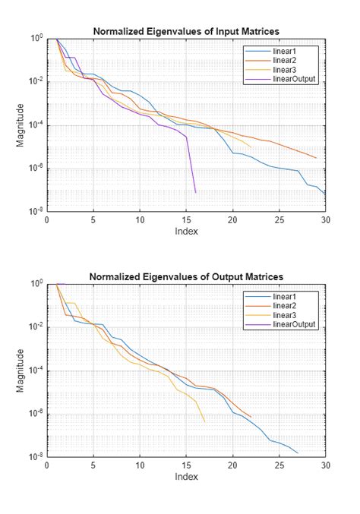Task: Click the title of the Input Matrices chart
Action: pos(186,31)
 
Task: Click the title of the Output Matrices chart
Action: pos(186,276)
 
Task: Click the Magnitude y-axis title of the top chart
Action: pos(21,125)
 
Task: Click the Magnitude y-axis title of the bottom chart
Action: pos(21,371)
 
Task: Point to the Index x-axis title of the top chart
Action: pos(186,231)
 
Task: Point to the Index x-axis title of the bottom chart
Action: pos(186,477)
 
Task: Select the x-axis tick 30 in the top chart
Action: pos(325,220)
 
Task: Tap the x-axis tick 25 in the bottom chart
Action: pos(279,465)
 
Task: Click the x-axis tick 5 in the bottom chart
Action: pos(93,465)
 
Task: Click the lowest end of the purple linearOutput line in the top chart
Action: pos(195,192)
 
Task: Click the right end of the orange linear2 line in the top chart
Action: pos(316,157)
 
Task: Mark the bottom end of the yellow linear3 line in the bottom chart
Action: pos(204,422)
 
